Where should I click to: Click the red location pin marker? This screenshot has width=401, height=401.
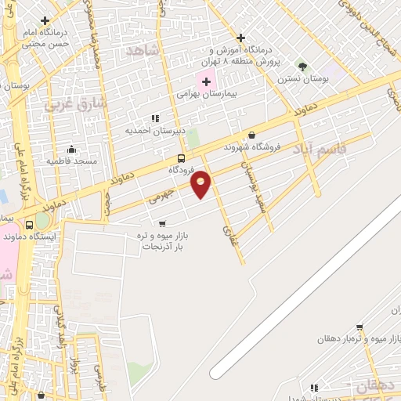[x=201, y=183]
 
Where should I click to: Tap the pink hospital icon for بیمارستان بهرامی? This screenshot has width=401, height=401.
[x=205, y=79]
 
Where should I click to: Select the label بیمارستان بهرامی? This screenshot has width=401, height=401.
[x=207, y=93]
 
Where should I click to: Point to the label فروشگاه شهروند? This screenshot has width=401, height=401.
[x=252, y=146]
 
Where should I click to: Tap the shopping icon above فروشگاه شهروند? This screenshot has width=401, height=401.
[x=251, y=135]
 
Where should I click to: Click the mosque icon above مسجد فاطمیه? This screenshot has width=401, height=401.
[x=71, y=149]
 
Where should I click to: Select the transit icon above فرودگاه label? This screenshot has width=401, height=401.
[x=181, y=157]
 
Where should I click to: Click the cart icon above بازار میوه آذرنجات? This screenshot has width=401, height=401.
[x=162, y=223]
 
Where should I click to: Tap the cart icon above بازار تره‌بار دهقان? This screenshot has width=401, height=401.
[x=359, y=327]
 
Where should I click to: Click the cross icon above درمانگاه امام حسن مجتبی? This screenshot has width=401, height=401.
[x=45, y=20]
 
